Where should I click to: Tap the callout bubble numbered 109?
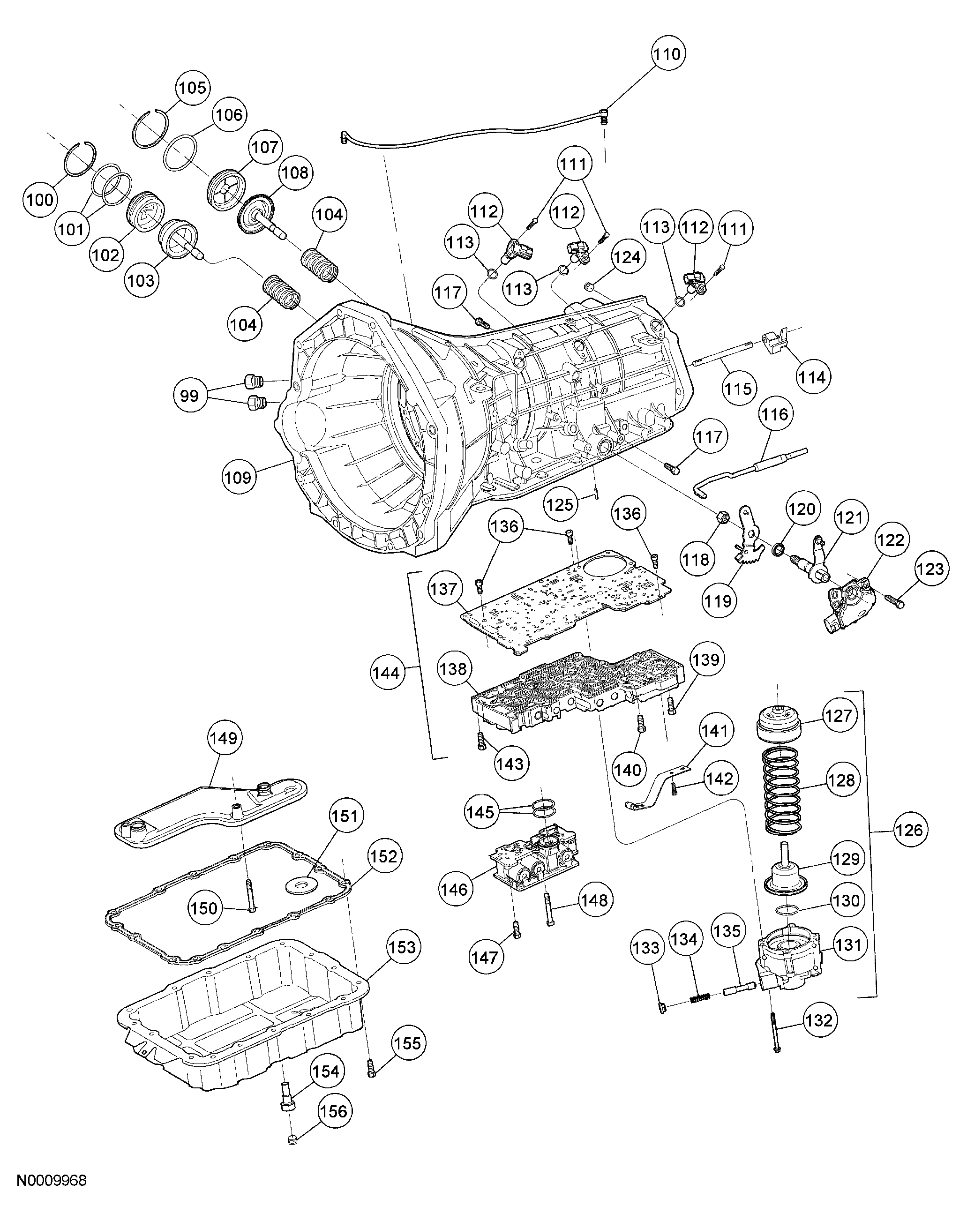click(238, 477)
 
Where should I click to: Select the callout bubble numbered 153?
click(403, 947)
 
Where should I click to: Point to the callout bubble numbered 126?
click(910, 831)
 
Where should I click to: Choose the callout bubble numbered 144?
click(387, 673)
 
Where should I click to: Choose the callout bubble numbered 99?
click(190, 396)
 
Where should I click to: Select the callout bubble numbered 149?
click(225, 738)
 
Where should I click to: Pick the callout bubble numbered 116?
click(774, 415)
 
